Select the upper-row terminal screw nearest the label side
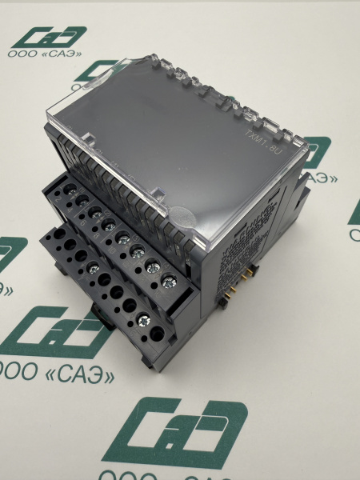tap(170, 280)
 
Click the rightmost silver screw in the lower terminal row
tap(143, 320)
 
